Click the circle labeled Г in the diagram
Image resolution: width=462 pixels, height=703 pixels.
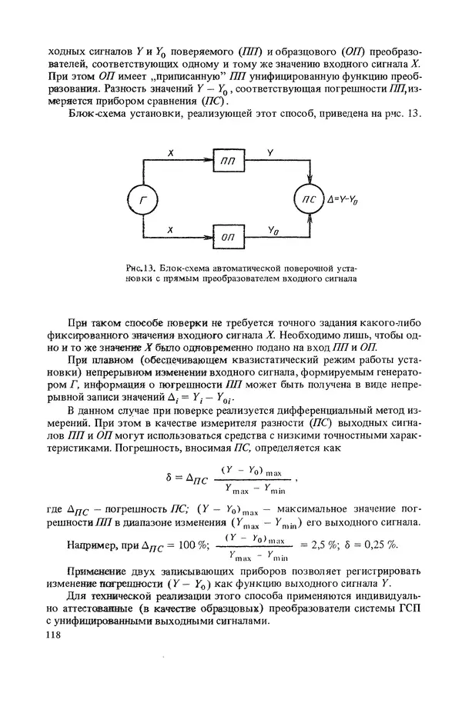tap(142, 201)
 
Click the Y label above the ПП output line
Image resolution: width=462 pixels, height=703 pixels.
tap(269, 154)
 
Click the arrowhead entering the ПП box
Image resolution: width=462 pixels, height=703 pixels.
tap(207, 162)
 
